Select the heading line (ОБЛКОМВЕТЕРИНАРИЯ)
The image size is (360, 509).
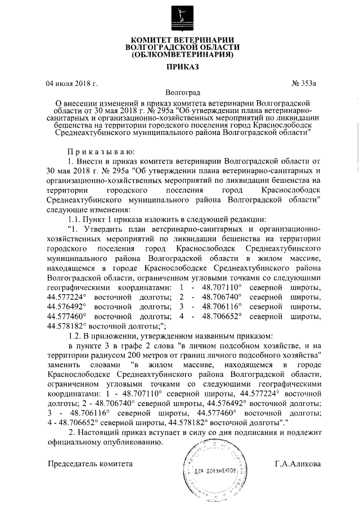(181, 56)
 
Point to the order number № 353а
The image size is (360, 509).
(304, 84)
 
